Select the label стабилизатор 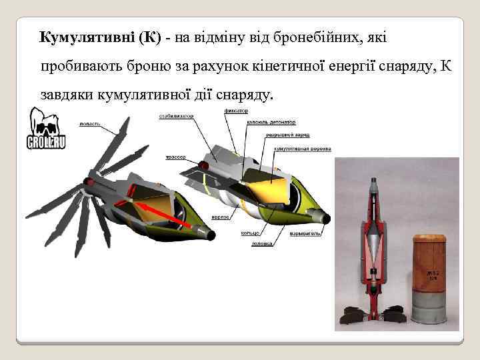point(176,116)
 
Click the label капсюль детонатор point(271,122)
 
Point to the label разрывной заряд point(283,135)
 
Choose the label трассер point(175,158)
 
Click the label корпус point(221,217)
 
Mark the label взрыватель point(306,234)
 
